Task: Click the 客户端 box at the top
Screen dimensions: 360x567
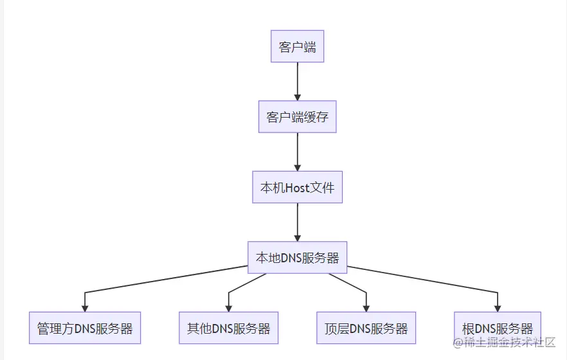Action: point(297,46)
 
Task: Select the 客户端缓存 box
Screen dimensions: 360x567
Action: point(297,117)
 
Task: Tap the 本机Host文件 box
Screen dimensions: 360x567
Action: point(297,188)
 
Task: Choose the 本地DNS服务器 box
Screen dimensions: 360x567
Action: point(297,258)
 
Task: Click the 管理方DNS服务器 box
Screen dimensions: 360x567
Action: point(85,328)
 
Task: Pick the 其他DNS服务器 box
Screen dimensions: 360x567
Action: point(228,328)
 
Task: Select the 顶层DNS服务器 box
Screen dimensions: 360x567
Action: point(366,328)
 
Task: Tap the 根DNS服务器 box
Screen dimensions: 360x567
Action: point(498,328)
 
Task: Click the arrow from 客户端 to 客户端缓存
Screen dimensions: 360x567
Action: point(297,80)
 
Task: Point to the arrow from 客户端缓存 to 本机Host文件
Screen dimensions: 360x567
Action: point(297,151)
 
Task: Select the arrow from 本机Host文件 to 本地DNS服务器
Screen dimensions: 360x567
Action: point(297,222)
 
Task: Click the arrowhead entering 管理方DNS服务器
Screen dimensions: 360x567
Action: point(85,308)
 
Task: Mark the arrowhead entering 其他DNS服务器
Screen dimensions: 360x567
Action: point(228,308)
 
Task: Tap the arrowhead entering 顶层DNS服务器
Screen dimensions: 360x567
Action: point(366,308)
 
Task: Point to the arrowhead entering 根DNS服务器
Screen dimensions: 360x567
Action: point(498,308)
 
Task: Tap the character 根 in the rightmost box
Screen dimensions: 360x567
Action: point(468,328)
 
